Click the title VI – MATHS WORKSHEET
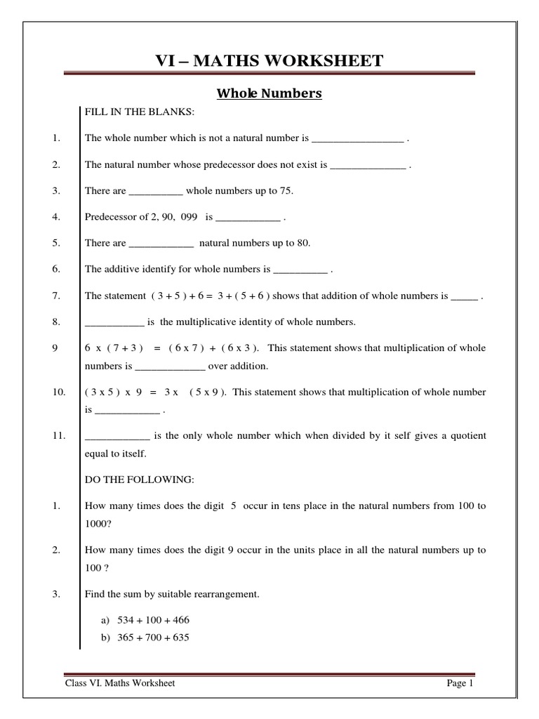pyautogui.click(x=269, y=60)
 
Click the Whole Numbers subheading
pyautogui.click(x=269, y=93)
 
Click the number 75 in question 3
pyautogui.click(x=288, y=191)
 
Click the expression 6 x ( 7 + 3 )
pyautogui.click(x=114, y=348)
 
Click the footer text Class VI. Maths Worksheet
pyautogui.click(x=120, y=683)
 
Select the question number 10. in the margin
pyautogui.click(x=59, y=392)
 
